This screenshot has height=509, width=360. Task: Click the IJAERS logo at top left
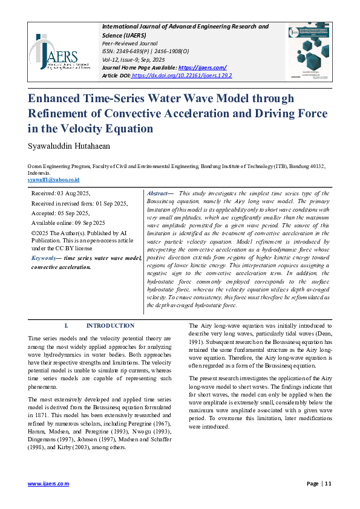[x=56, y=51]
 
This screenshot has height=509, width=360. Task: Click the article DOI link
[x=181, y=76]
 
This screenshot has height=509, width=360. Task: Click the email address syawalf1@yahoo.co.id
[x=54, y=180]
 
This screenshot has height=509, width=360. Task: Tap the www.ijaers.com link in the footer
[x=48, y=484]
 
